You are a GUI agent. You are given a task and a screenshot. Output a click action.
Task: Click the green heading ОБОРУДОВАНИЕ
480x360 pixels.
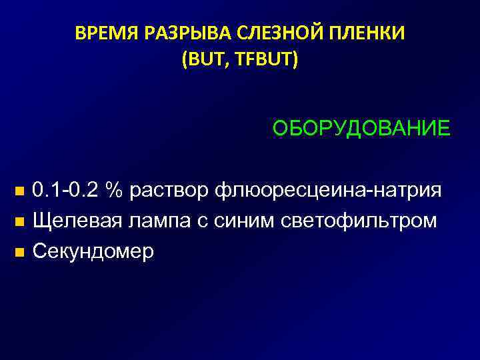click(361, 127)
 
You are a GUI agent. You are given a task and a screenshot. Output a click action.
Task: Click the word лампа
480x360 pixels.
click(157, 221)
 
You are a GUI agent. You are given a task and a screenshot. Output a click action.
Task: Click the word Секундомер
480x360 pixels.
click(93, 251)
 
